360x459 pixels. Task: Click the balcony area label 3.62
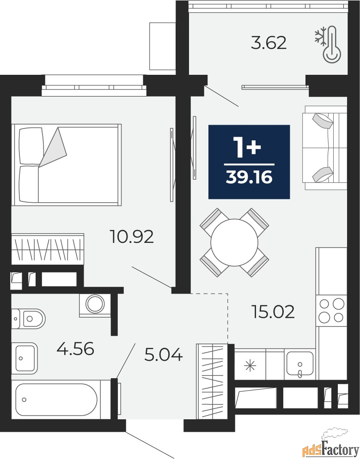pyautogui.click(x=268, y=43)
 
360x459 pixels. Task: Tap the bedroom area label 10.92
pyautogui.click(x=132, y=236)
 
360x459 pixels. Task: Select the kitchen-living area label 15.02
pyautogui.click(x=273, y=312)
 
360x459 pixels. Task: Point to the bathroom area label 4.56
pyautogui.click(x=75, y=349)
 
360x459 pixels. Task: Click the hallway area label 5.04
pyautogui.click(x=164, y=355)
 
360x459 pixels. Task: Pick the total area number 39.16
pyautogui.click(x=249, y=177)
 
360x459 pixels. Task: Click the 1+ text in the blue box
pyautogui.click(x=247, y=148)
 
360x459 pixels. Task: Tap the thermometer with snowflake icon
pyautogui.click(x=329, y=44)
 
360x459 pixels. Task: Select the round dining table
pyautogui.click(x=234, y=242)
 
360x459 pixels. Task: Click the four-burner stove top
pyautogui.click(x=332, y=310)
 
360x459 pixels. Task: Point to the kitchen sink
pyautogui.click(x=300, y=363)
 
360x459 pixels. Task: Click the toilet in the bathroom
pyautogui.click(x=28, y=318)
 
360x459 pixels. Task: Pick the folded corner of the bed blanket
pyautogui.click(x=53, y=147)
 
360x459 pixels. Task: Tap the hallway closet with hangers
pyautogui.click(x=212, y=381)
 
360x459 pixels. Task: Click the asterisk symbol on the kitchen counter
pyautogui.click(x=250, y=366)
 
